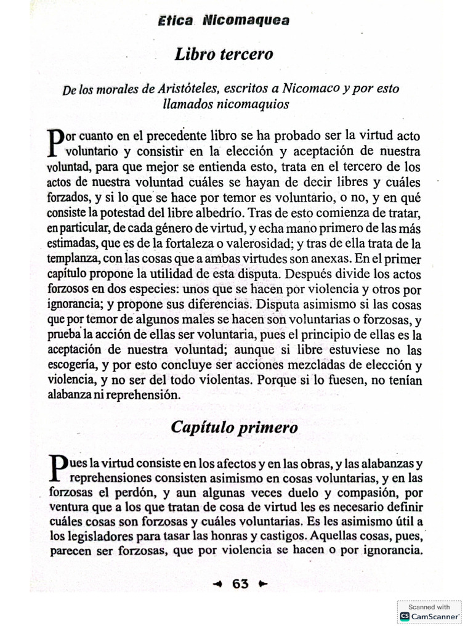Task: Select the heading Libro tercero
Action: click(224, 54)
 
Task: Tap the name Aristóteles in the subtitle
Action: click(189, 89)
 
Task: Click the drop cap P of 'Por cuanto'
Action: click(55, 140)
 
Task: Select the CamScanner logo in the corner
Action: click(405, 616)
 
